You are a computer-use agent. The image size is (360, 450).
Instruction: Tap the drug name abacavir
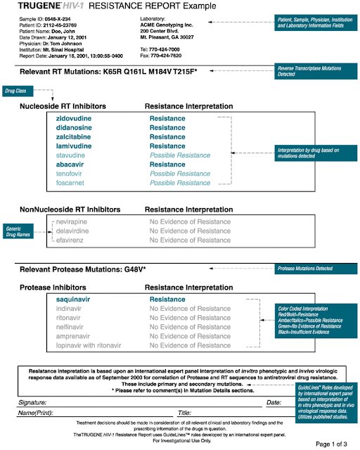coord(73,165)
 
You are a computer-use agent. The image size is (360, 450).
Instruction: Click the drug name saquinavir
coord(76,299)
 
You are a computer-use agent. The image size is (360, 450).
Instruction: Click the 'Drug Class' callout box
coord(19,91)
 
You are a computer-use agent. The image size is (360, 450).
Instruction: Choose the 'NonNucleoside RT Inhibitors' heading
coord(75,209)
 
